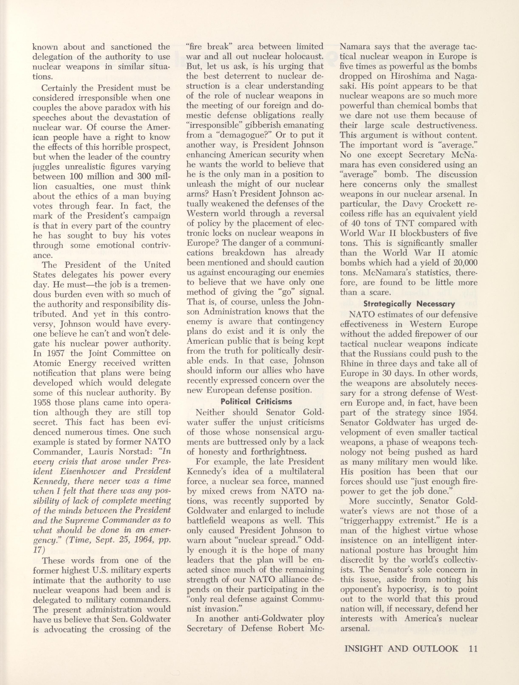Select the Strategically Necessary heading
[409, 304]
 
